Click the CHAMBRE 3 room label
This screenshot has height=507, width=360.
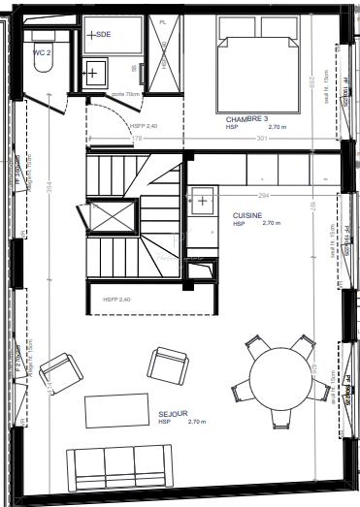click(246, 118)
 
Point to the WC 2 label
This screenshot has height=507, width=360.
click(42, 52)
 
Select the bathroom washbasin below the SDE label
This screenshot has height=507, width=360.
click(96, 71)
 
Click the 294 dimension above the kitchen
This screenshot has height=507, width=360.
click(263, 195)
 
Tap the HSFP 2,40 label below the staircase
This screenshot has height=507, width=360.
click(115, 301)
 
